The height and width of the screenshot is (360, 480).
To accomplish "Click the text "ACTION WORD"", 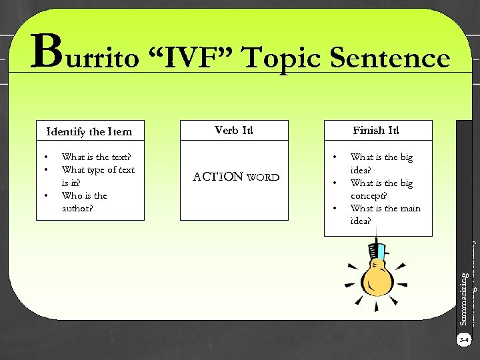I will click(x=235, y=177).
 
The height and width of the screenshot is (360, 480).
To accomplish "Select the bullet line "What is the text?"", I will click(x=96, y=157).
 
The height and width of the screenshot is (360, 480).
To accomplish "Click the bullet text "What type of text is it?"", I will click(x=97, y=176).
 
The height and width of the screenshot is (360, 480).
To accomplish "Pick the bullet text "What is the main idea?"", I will click(x=385, y=215).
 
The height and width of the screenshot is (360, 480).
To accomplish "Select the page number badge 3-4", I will click(x=464, y=340).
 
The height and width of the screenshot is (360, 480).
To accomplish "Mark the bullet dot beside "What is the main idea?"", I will click(x=335, y=209).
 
